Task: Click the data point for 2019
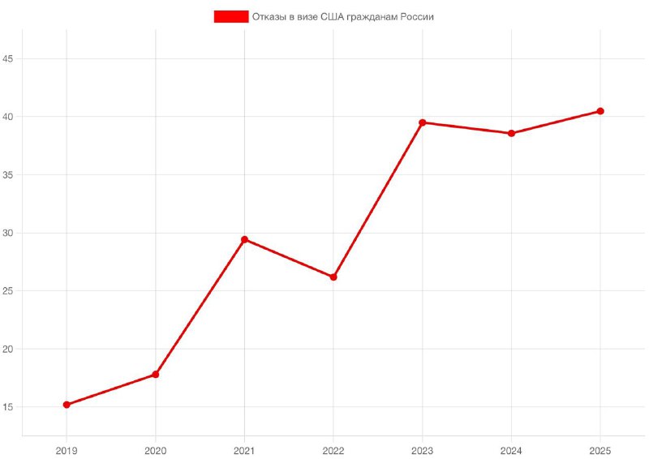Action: [67, 405]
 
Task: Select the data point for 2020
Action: [155, 374]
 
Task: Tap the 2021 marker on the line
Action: [244, 239]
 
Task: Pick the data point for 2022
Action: [333, 277]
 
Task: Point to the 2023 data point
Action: [422, 122]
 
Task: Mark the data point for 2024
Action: [511, 133]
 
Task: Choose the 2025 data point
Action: [600, 111]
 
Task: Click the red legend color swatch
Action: [230, 16]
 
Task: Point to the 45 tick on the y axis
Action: [9, 58]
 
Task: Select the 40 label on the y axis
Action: [9, 117]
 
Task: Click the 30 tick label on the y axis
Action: [9, 233]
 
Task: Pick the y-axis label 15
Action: [9, 407]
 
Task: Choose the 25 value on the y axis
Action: [9, 291]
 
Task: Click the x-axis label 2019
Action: [67, 449]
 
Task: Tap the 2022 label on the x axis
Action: [333, 449]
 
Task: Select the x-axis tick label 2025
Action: [600, 449]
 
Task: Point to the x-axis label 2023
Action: [422, 449]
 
